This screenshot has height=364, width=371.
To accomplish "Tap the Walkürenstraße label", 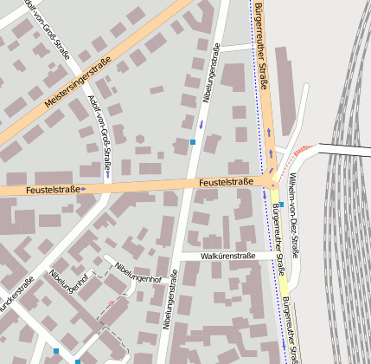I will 228,257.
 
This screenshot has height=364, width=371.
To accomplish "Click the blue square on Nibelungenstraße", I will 193,142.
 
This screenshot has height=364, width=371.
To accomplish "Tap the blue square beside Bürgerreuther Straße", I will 281,205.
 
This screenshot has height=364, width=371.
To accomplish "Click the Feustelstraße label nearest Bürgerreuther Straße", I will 225,182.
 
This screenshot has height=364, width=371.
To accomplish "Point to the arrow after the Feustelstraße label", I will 84,188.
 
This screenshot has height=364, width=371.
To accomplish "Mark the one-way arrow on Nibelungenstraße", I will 200,125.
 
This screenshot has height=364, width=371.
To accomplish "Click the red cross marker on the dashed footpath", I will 111,303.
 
